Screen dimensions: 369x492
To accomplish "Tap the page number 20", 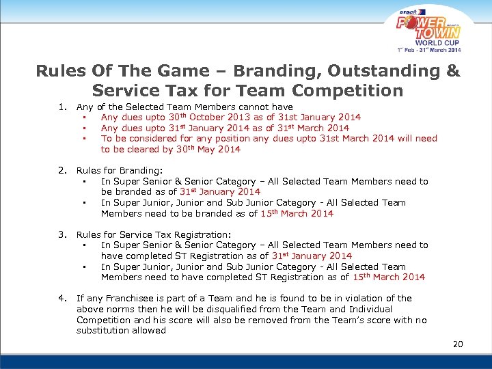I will point(458,344).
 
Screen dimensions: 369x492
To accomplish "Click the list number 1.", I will point(62,107).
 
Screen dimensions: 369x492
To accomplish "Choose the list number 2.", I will point(62,171).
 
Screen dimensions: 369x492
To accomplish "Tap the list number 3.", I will point(62,234).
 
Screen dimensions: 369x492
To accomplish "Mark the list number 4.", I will point(62,298).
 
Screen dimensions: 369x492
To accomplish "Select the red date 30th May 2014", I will point(208,150).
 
